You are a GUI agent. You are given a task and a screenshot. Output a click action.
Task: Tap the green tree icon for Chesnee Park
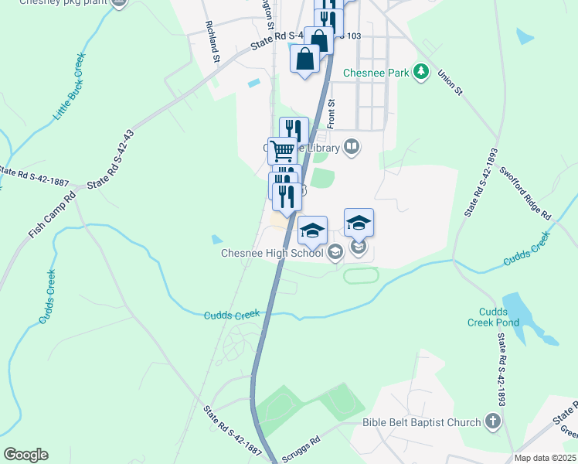(420, 73)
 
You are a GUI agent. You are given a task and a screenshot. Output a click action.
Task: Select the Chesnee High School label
(272, 252)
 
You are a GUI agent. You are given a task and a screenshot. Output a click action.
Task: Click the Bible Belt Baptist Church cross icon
(494, 422)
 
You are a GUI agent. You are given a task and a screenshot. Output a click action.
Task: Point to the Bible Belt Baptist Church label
(423, 423)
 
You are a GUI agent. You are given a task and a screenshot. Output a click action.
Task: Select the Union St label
(449, 81)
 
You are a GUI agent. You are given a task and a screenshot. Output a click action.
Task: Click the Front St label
(331, 114)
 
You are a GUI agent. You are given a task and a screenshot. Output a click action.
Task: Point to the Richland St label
(213, 37)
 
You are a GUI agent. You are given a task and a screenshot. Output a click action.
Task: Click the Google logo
(25, 455)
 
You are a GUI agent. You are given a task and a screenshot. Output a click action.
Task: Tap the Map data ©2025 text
(545, 458)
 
